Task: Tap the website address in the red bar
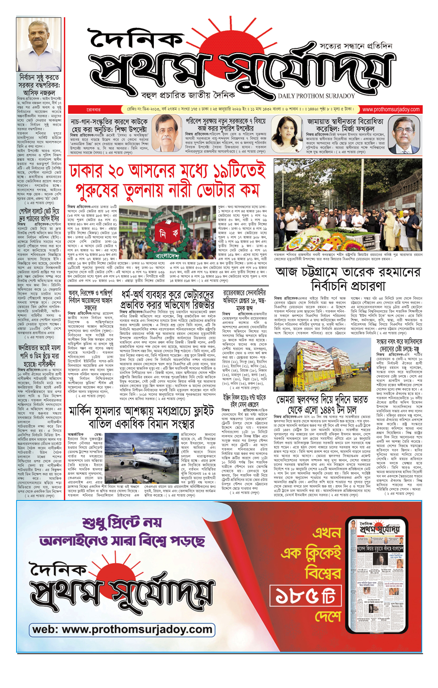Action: (391, 109)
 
